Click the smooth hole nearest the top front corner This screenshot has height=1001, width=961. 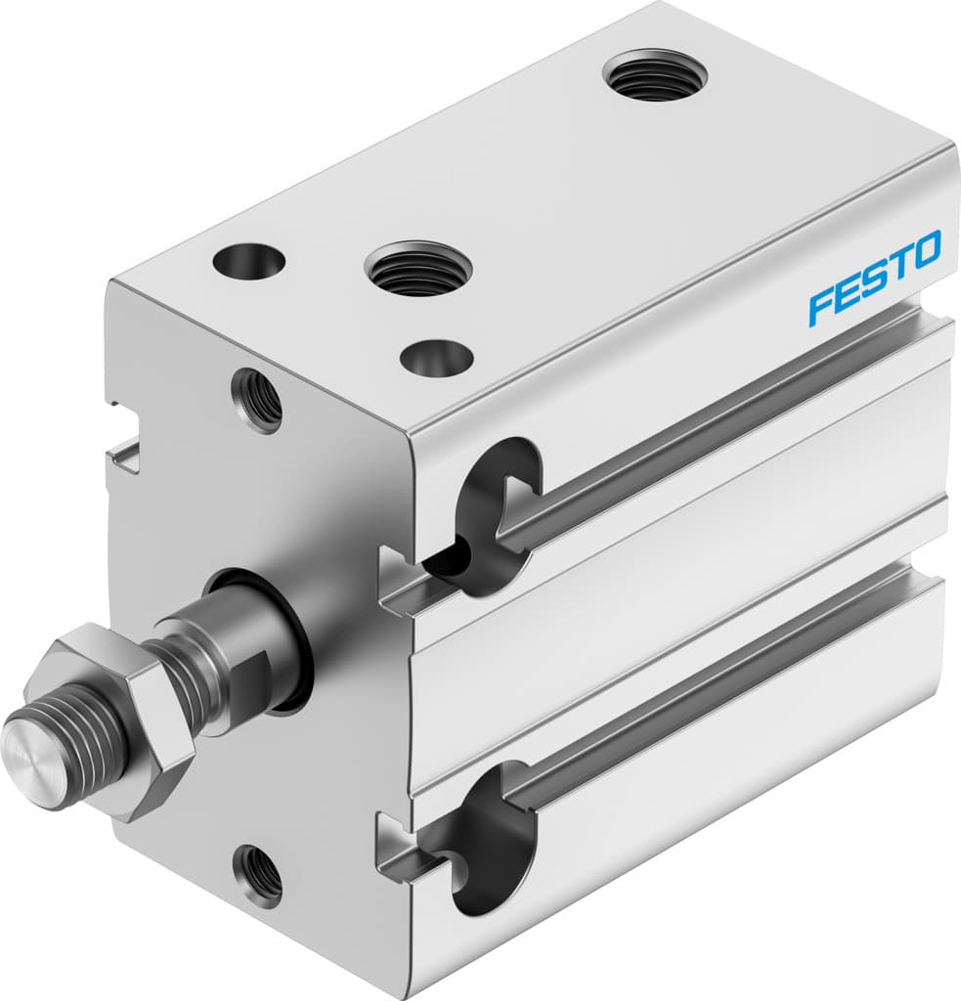436,358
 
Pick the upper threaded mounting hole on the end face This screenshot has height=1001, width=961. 257,397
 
